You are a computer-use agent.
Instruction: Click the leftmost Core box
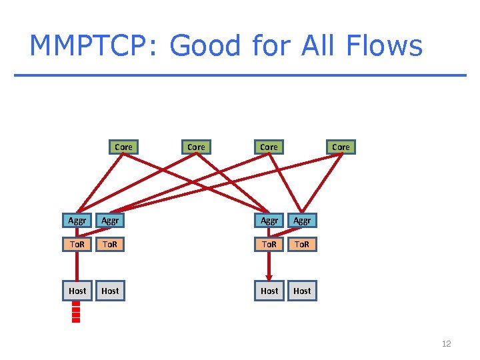[123, 147]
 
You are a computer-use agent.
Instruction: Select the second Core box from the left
[196, 147]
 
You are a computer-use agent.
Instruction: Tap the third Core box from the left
[269, 147]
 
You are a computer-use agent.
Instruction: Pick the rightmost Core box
[341, 147]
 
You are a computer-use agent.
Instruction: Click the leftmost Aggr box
[77, 220]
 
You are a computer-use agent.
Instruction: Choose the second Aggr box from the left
[110, 220]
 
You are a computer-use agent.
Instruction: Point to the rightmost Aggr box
[302, 220]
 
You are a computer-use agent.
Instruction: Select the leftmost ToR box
[77, 245]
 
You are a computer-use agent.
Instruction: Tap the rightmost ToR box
[302, 245]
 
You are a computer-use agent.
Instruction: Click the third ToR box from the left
[269, 245]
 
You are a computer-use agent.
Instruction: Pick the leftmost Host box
[77, 291]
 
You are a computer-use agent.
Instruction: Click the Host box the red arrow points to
[269, 291]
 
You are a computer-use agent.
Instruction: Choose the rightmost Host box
[302, 291]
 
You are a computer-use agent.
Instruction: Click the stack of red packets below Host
[76, 312]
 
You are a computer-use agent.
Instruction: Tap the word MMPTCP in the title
[93, 47]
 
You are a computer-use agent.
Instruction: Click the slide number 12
[446, 344]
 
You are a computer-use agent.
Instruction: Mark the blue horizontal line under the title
[240, 75]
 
